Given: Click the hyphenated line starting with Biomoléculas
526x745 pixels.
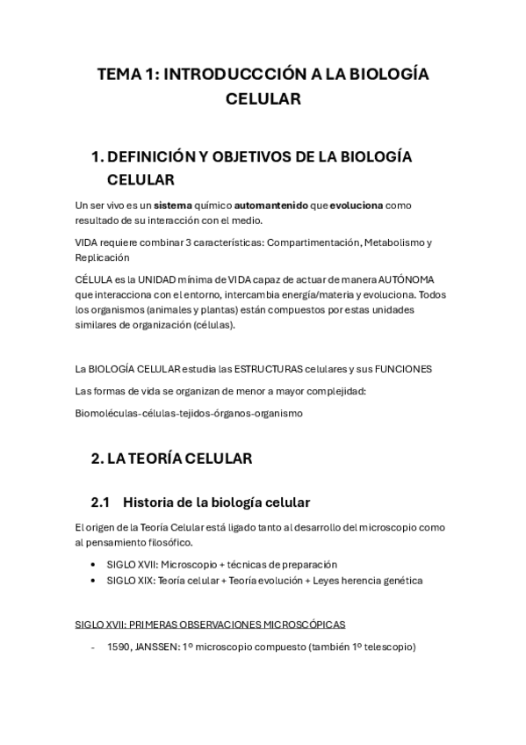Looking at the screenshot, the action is click(189, 412).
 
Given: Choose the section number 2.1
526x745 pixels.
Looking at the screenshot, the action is click(100, 503).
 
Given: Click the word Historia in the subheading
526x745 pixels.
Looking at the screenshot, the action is click(150, 503).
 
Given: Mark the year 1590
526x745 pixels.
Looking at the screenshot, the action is click(119, 647).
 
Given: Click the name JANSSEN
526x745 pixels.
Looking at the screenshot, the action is click(160, 647).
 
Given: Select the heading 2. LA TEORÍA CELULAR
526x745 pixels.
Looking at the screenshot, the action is click(171, 459).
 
